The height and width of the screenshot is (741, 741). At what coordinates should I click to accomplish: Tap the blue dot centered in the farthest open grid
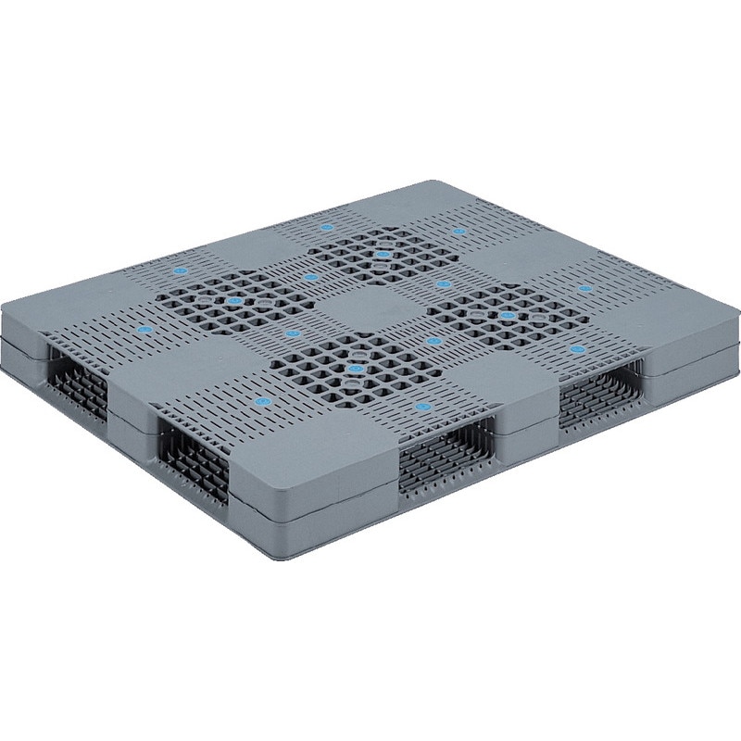click(x=383, y=251)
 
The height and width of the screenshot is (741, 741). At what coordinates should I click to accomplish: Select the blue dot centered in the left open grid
click(x=237, y=302)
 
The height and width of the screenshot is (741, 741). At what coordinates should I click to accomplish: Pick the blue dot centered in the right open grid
click(x=507, y=315)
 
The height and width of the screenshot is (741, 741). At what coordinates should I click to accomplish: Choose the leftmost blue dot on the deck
click(x=143, y=331)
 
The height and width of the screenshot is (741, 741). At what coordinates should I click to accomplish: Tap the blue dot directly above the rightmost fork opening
click(x=577, y=349)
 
